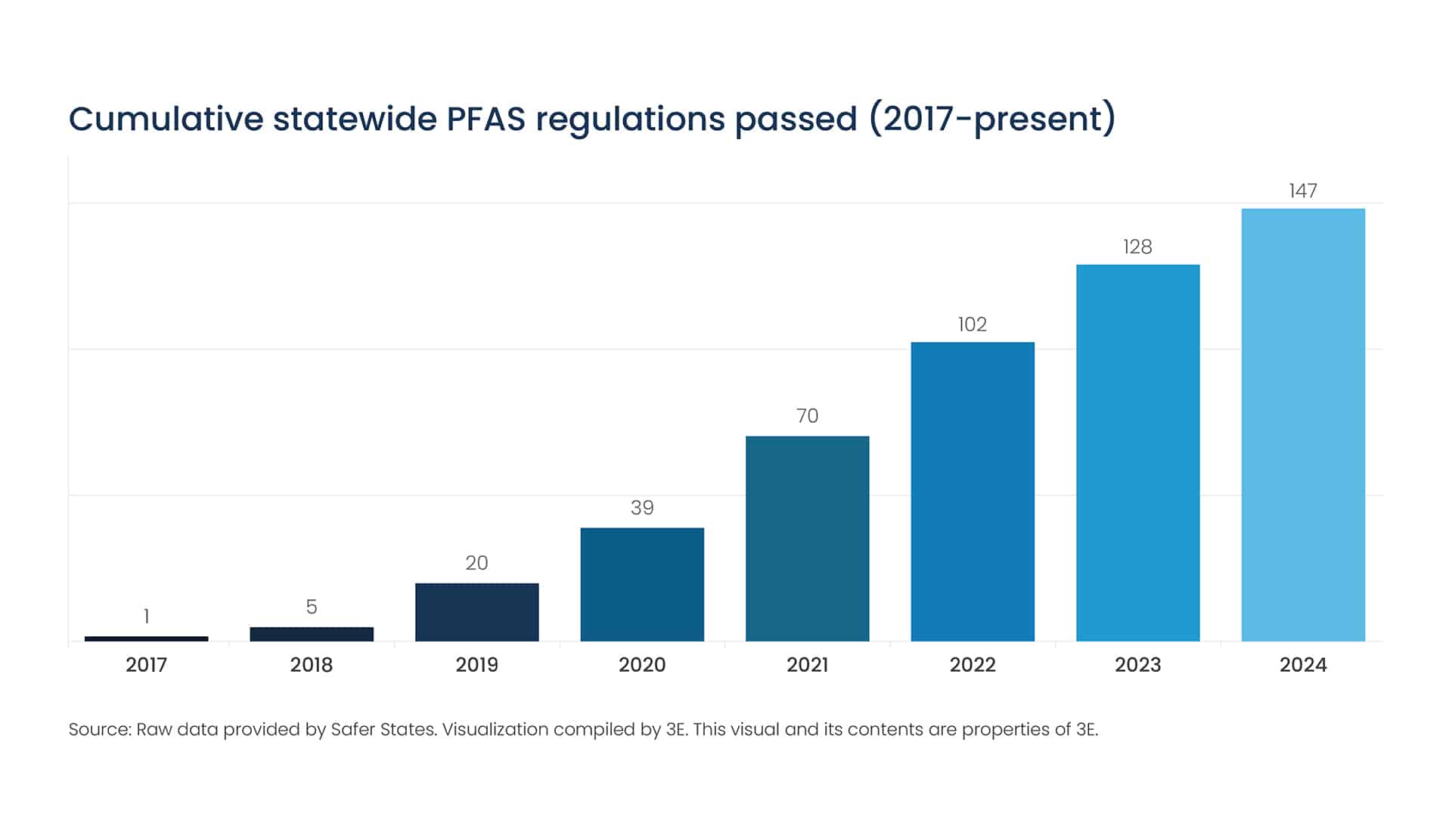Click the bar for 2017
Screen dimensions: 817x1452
[146, 638]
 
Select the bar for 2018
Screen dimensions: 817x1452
[312, 634]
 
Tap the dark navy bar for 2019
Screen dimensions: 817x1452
[476, 612]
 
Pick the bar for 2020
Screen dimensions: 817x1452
[642, 584]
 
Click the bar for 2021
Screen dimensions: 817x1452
[807, 539]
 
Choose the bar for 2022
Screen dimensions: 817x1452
[973, 492]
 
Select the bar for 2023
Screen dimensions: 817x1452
[1137, 452]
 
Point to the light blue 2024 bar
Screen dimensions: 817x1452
[1303, 425]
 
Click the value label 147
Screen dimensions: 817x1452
[1303, 191]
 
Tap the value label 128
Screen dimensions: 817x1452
[1137, 247]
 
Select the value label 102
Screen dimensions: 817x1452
[973, 325]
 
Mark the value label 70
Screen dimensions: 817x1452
[807, 416]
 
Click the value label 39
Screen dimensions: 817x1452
[642, 508]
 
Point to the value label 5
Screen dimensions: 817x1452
[312, 607]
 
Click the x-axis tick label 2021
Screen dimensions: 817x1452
[807, 665]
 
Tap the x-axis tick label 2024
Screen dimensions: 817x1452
[1303, 665]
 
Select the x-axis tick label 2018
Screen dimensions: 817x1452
[312, 665]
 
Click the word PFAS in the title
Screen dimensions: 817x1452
[486, 120]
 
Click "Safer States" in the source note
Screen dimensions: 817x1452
[383, 729]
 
